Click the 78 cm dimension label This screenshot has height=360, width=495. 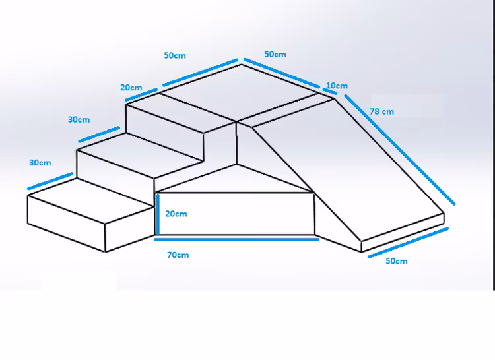(x=381, y=111)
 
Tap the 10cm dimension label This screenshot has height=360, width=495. (x=337, y=86)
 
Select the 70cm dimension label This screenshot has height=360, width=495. (x=178, y=254)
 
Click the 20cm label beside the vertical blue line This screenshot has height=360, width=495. (x=176, y=214)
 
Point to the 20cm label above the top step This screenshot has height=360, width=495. (x=131, y=88)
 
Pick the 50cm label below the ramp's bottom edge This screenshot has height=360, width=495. (x=396, y=261)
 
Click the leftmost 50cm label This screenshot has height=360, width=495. (x=175, y=56)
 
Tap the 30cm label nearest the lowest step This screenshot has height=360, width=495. (x=40, y=162)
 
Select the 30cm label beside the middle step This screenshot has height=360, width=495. (x=79, y=119)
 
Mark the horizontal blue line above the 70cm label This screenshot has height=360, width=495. (x=238, y=239)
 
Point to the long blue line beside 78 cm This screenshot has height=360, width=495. (x=399, y=148)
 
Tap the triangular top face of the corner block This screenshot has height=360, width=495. (x=231, y=181)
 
